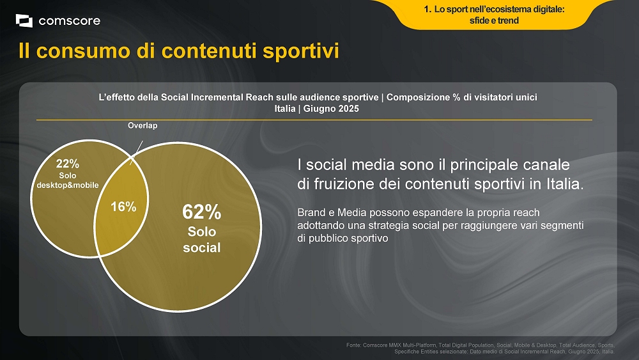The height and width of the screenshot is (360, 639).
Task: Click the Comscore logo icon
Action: tap(24, 21)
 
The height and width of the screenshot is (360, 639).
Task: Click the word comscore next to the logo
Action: tap(69, 21)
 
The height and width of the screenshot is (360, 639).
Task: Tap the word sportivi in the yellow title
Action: tap(301, 51)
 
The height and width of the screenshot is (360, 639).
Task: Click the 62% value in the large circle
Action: tap(202, 212)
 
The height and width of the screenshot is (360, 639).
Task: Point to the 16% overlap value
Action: tap(123, 207)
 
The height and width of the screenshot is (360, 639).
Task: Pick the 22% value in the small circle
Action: tap(68, 164)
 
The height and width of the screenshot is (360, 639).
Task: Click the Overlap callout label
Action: tap(142, 125)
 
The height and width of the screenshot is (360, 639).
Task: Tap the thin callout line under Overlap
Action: tap(136, 153)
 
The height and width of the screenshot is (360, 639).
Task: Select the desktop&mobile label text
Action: tap(68, 185)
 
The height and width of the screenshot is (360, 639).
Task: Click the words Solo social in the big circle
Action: tap(202, 239)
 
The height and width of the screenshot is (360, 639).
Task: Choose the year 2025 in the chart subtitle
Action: tap(348, 109)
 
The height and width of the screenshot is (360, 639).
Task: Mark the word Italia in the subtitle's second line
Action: tap(285, 109)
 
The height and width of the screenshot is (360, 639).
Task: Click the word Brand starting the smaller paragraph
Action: tap(311, 212)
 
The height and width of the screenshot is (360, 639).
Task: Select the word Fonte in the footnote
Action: tap(353, 345)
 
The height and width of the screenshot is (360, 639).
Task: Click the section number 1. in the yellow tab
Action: tap(427, 10)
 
